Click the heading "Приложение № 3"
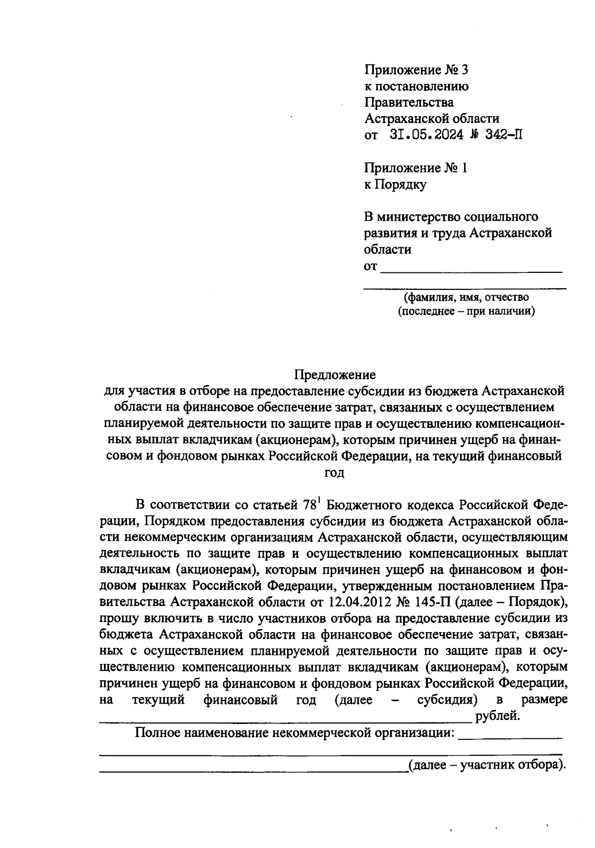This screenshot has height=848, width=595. (416, 69)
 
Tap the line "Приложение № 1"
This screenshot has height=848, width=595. (416, 168)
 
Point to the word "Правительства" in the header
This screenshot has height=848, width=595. (409, 102)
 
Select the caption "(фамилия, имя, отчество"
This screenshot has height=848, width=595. (466, 297)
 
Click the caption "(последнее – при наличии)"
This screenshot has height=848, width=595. (466, 312)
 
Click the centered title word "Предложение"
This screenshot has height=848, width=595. (335, 374)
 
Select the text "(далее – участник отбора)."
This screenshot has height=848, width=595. (486, 765)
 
